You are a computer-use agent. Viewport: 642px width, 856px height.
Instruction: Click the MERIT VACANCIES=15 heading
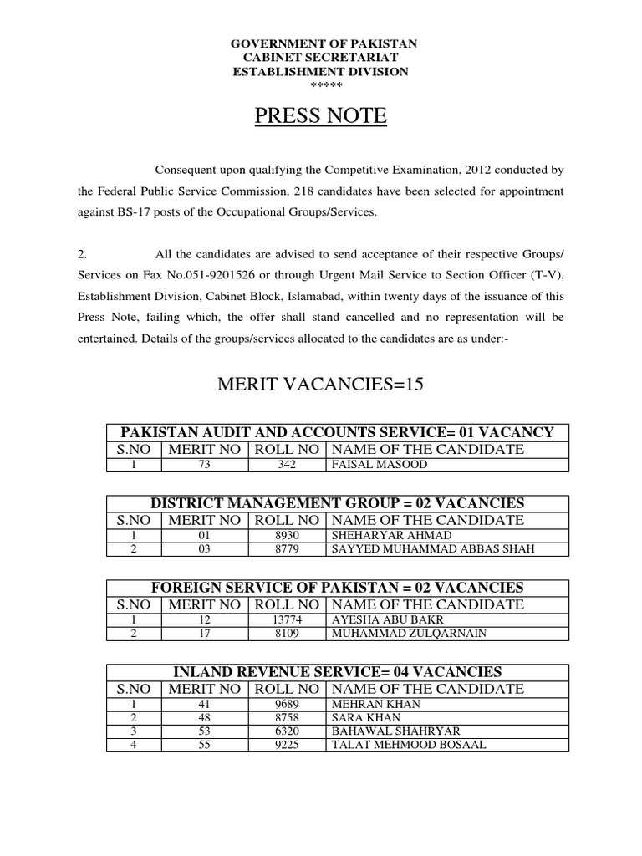tap(321, 385)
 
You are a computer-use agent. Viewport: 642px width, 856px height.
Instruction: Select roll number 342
tap(287, 465)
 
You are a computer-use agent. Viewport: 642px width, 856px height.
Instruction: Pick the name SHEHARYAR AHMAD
tap(380, 535)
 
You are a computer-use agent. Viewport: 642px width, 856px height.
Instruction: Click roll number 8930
tap(287, 535)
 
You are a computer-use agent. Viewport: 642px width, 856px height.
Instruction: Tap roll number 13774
tap(287, 619)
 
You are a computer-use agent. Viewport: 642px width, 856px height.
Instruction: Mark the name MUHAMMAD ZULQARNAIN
tap(397, 634)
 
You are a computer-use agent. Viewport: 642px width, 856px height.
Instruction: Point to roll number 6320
tap(287, 731)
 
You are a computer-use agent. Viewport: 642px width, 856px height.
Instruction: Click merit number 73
tap(205, 465)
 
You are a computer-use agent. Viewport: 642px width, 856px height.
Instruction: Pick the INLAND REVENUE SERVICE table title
tap(337, 672)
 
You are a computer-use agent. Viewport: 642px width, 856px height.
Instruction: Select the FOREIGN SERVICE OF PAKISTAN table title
tap(337, 588)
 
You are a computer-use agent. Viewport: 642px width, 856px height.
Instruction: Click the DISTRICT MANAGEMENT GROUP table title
tap(337, 503)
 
